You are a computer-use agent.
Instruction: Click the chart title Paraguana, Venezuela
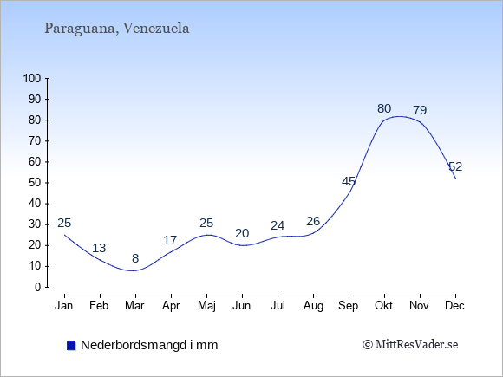117,29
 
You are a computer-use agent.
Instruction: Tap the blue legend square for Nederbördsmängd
71,346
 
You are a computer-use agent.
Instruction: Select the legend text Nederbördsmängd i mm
149,345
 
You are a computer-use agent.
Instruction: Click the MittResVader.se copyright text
410,345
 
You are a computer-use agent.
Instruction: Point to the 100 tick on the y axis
32,78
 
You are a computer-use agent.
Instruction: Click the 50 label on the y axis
35,183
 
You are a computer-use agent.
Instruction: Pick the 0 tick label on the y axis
38,287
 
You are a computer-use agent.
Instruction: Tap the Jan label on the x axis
64,306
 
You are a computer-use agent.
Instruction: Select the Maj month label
206,306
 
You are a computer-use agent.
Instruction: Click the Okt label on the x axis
383,306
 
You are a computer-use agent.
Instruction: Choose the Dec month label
454,306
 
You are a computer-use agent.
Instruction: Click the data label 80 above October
384,108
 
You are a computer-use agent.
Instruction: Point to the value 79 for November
420,110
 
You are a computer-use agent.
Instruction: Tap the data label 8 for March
135,258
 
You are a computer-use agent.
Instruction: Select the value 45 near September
349,181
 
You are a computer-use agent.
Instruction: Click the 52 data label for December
455,166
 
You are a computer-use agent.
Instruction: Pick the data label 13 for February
99,248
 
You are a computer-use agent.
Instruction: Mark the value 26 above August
313,221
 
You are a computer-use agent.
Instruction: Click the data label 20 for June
242,233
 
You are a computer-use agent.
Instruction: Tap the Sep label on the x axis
348,306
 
